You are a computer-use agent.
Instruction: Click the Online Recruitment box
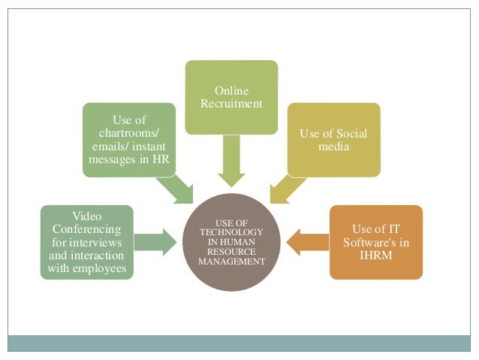tap(231, 98)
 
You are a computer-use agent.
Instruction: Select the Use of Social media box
tap(334, 140)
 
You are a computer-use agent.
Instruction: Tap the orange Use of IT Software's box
tap(375, 242)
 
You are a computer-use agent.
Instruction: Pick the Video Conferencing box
tap(86, 242)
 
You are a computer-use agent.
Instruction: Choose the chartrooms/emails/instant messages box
tap(129, 140)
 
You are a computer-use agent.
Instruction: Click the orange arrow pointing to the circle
tap(308, 241)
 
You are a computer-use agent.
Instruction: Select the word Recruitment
tap(231, 104)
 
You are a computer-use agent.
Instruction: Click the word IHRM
tap(375, 255)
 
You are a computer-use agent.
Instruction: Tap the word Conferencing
tap(86, 228)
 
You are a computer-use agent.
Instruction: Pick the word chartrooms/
tap(128, 133)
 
